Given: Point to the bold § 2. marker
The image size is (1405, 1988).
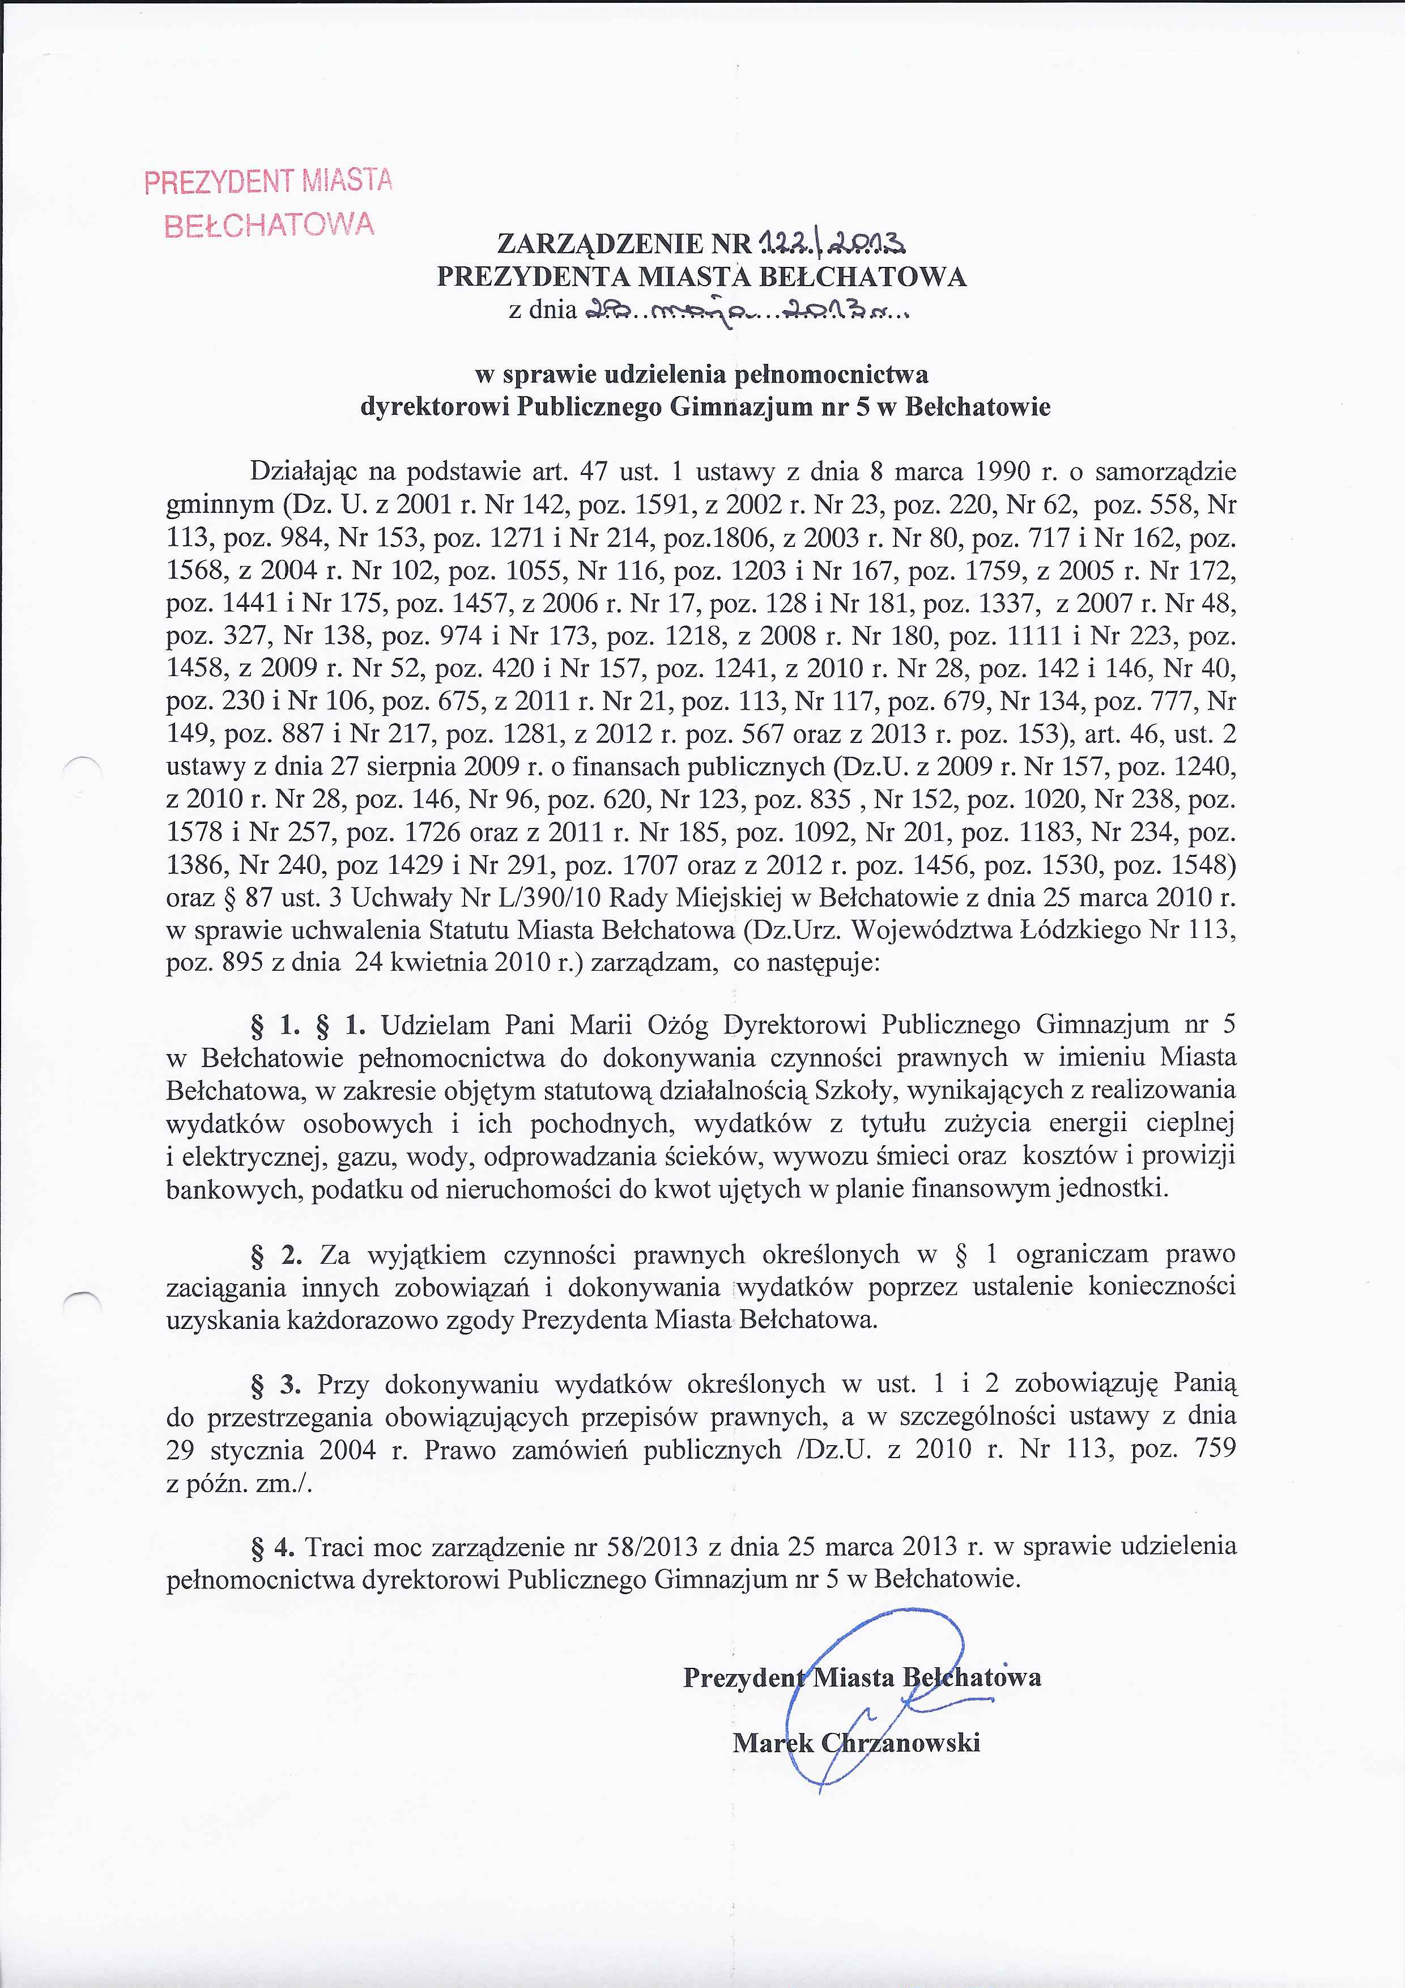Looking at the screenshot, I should pos(276,1255).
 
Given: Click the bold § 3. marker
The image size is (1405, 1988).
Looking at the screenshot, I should pos(275,1384).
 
